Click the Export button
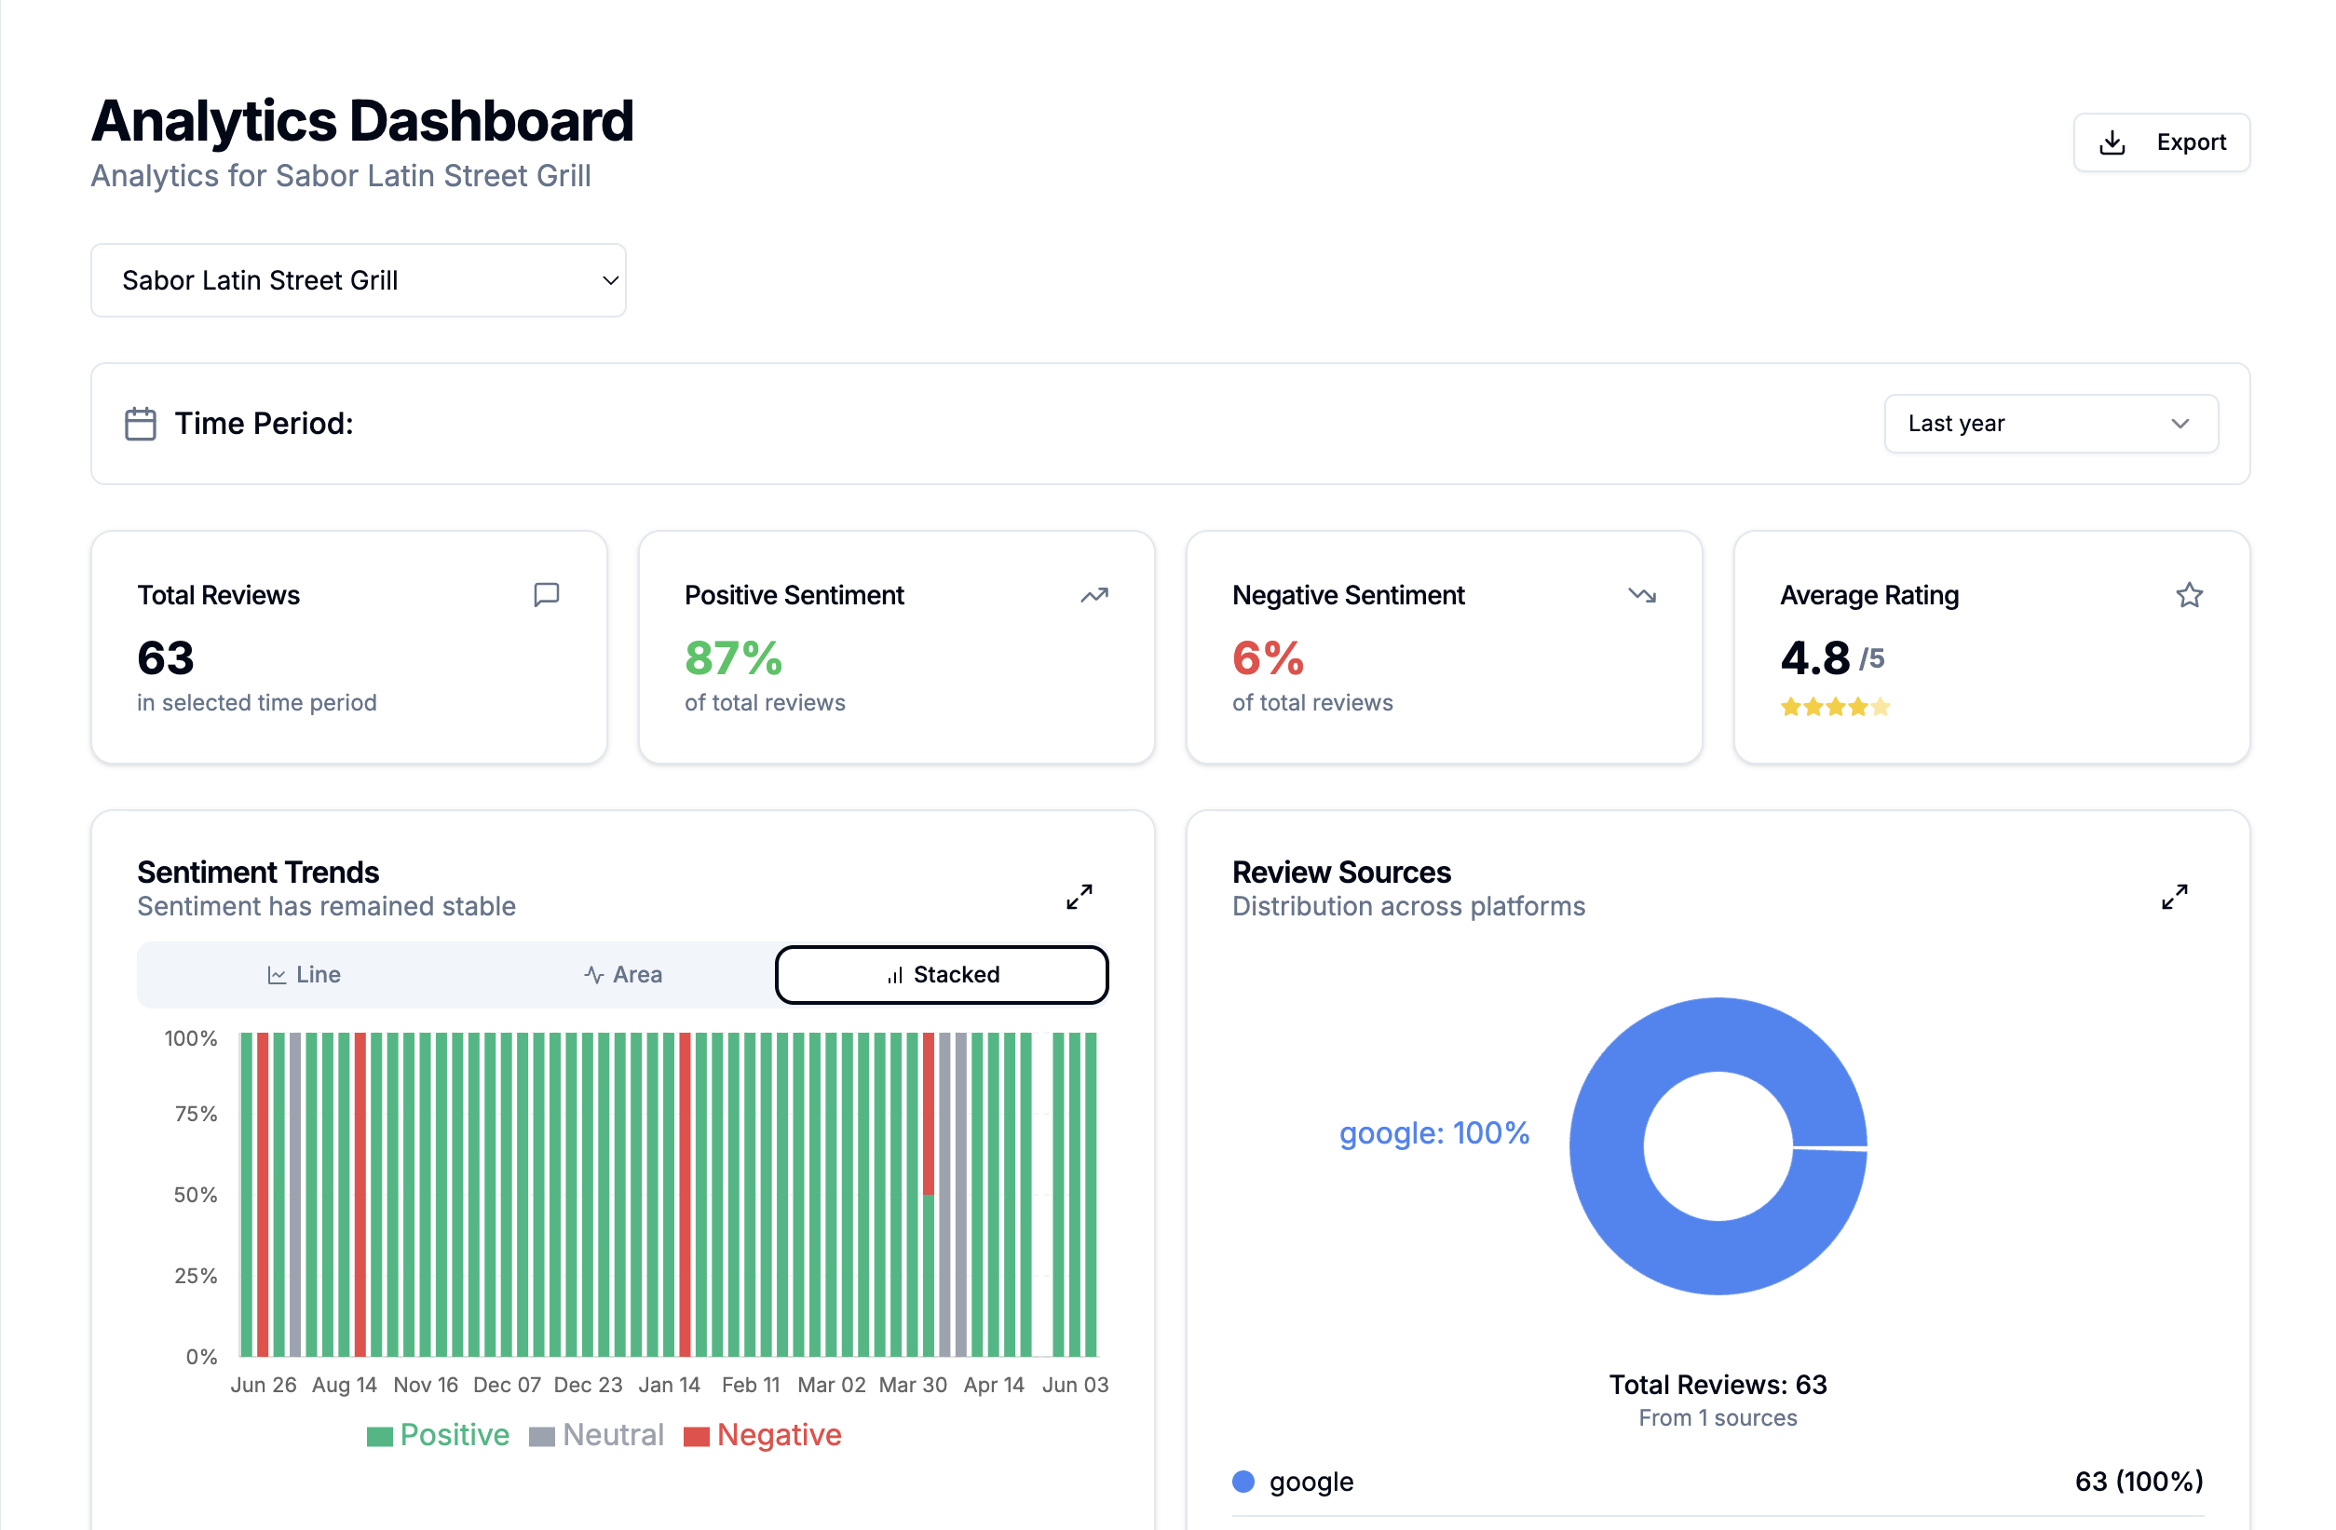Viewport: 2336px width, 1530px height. pyautogui.click(x=2160, y=142)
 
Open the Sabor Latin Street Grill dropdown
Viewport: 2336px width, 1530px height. pyautogui.click(x=359, y=280)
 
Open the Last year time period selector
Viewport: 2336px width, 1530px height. pyautogui.click(x=2049, y=424)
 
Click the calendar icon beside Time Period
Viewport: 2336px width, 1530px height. pyautogui.click(x=141, y=424)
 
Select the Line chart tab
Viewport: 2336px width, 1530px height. pyautogui.click(x=305, y=975)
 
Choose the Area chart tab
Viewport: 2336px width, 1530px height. pyautogui.click(x=623, y=975)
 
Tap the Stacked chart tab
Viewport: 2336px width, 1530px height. pyautogui.click(x=942, y=975)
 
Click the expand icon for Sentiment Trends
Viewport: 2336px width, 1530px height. pyautogui.click(x=1079, y=896)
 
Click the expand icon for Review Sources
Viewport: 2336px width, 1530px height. pyautogui.click(x=2174, y=896)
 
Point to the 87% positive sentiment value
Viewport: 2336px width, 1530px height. pyautogui.click(x=733, y=657)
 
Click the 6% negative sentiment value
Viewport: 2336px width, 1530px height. pyautogui.click(x=1267, y=657)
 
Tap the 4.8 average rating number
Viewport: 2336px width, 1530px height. pyautogui.click(x=1813, y=657)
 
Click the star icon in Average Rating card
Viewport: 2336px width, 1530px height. pyautogui.click(x=2189, y=596)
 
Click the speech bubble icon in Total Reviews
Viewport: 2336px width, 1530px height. pyautogui.click(x=547, y=595)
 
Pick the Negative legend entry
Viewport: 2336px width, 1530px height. pyautogui.click(x=763, y=1435)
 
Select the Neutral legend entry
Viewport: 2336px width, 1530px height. pyautogui.click(x=597, y=1435)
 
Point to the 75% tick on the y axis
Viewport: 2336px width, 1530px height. pyautogui.click(x=196, y=1114)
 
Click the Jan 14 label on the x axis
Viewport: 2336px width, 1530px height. pyautogui.click(x=670, y=1385)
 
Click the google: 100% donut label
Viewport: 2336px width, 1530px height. pyautogui.click(x=1434, y=1133)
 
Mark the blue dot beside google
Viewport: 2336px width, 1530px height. pyautogui.click(x=1243, y=1482)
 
